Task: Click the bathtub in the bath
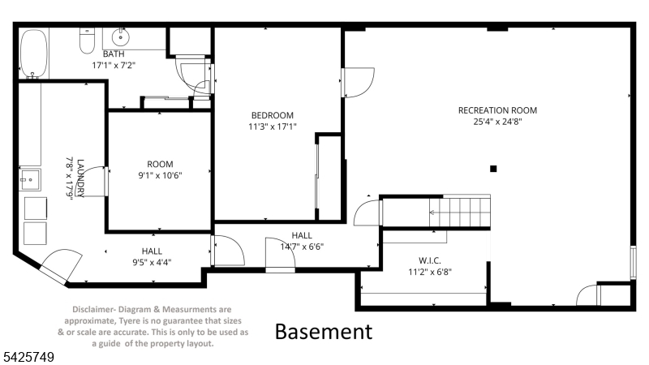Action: coord(34,54)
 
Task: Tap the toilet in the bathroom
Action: coord(87,41)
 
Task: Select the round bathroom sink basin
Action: coord(120,37)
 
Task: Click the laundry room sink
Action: coord(30,179)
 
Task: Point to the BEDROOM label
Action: coord(273,115)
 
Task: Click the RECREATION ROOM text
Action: coord(497,110)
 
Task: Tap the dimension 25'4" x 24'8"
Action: coord(497,122)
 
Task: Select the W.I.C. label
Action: coord(430,260)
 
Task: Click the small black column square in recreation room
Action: coord(493,169)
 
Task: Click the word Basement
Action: coord(324,332)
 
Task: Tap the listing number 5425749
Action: coord(28,357)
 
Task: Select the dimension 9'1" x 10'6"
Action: coord(160,175)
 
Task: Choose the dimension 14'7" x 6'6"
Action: coord(302,247)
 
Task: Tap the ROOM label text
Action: coord(160,165)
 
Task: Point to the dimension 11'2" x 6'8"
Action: coord(430,272)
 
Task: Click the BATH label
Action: coord(114,54)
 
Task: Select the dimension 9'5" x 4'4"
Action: coord(152,262)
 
